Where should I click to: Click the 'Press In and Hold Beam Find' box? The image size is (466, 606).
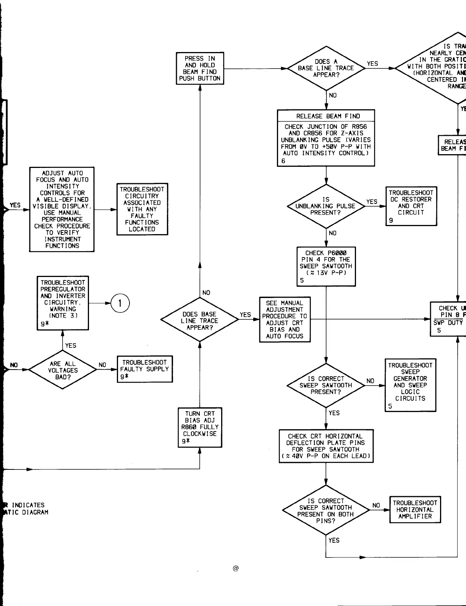point(200,68)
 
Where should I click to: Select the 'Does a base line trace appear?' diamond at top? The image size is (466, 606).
point(326,68)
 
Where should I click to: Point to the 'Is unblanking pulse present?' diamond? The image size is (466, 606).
point(326,206)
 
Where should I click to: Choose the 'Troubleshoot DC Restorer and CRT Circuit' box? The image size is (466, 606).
point(411,206)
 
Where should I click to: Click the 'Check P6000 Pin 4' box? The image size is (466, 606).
point(326,266)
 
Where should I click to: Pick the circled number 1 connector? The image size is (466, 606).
point(120,303)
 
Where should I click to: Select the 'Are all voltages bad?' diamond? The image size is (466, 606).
point(63,370)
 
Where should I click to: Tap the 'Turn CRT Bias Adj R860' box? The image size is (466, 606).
point(200,427)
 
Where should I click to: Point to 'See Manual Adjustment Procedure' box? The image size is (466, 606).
point(285,319)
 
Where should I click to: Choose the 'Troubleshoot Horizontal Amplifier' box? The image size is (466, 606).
point(415,510)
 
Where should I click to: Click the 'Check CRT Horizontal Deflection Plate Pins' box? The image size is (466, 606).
point(326,446)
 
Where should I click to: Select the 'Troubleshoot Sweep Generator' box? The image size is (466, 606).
point(410,385)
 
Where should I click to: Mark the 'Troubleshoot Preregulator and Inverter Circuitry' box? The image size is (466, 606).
point(63,303)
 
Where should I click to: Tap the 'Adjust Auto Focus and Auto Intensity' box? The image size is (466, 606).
point(62,209)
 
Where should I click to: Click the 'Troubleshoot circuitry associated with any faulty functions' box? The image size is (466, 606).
point(142,209)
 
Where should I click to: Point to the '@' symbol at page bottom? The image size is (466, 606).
point(236,569)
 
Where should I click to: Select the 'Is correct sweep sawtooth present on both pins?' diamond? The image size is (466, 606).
point(326,510)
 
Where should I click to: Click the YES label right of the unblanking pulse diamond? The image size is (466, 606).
point(372,202)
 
